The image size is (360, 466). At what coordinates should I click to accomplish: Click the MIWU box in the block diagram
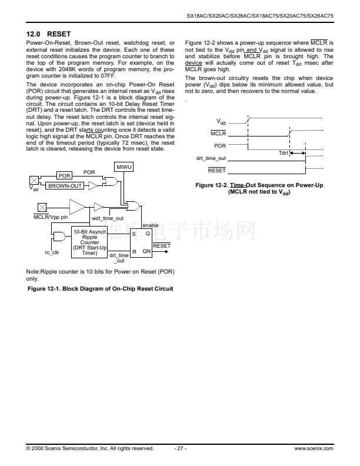click(124, 168)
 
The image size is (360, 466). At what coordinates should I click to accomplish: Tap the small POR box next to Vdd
click(64, 176)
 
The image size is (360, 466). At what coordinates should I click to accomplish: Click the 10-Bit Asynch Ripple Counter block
click(89, 242)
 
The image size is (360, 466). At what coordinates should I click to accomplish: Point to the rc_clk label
click(52, 252)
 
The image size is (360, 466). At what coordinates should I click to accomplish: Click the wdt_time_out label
click(107, 218)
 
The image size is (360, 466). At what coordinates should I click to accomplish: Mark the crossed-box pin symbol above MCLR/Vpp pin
click(42, 207)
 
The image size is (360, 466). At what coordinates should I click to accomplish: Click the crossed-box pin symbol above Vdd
click(35, 179)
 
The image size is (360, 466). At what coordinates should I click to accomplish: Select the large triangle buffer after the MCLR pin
click(77, 207)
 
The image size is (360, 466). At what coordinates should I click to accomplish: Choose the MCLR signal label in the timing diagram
click(218, 134)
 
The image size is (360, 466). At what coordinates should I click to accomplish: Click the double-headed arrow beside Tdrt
click(299, 153)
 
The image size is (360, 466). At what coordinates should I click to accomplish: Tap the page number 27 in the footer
click(180, 448)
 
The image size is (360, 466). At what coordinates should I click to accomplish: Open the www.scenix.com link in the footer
click(314, 448)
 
